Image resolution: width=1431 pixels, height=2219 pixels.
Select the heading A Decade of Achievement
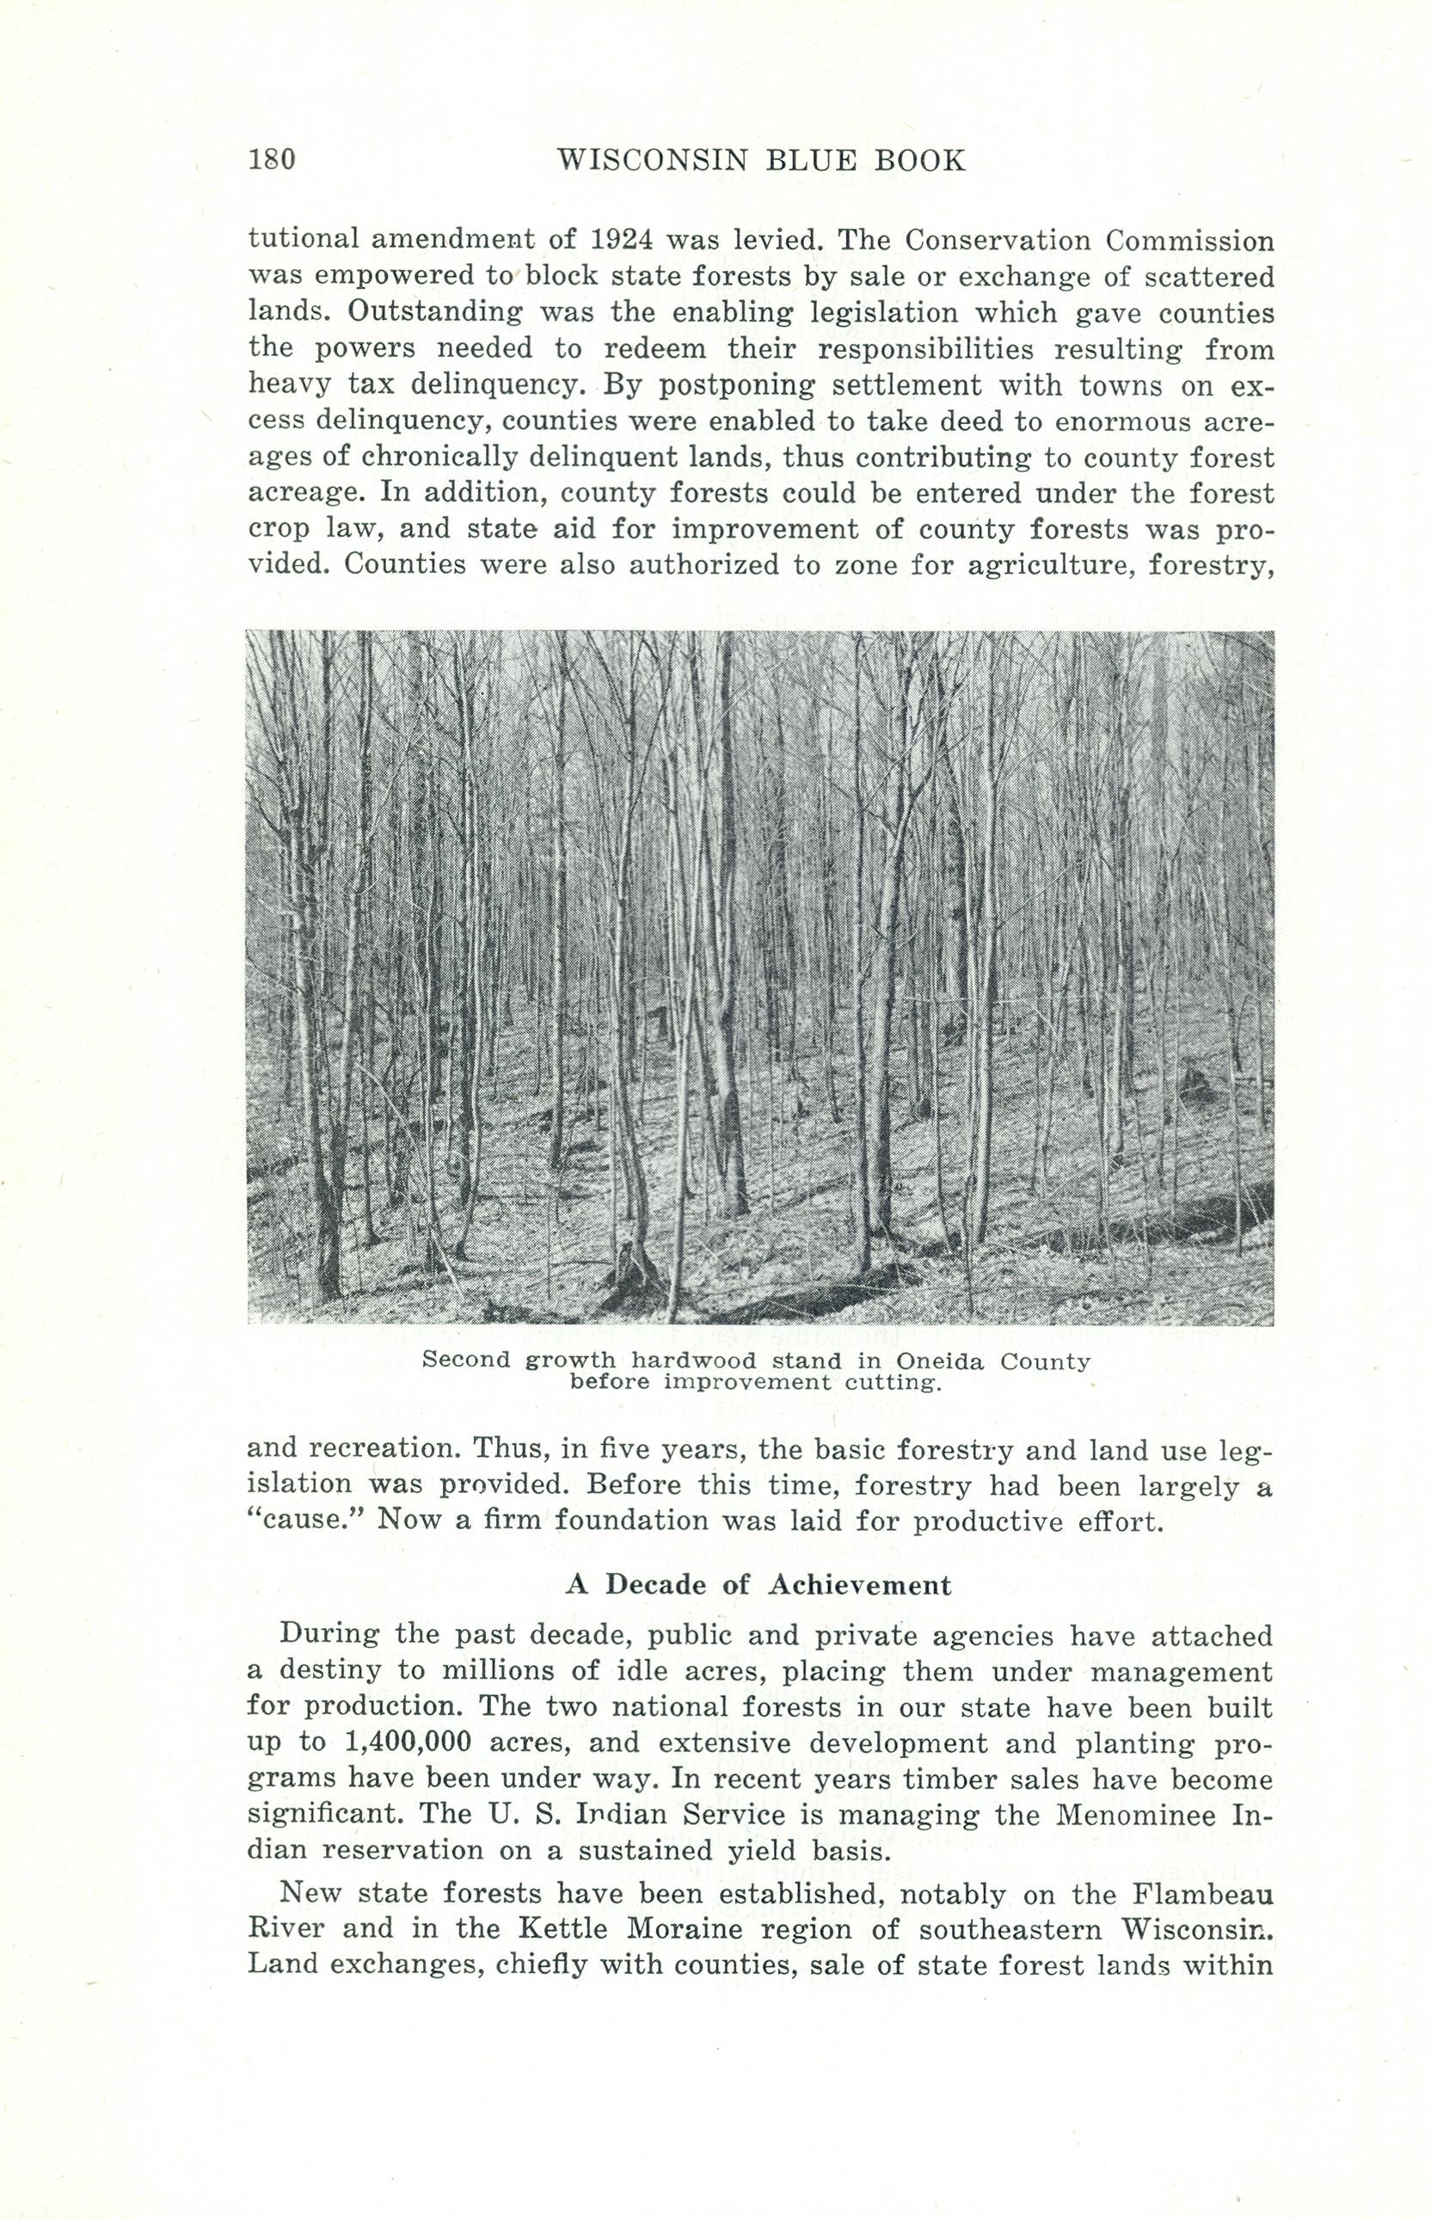[758, 1584]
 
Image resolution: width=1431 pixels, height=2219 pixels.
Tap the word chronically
[447, 458]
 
